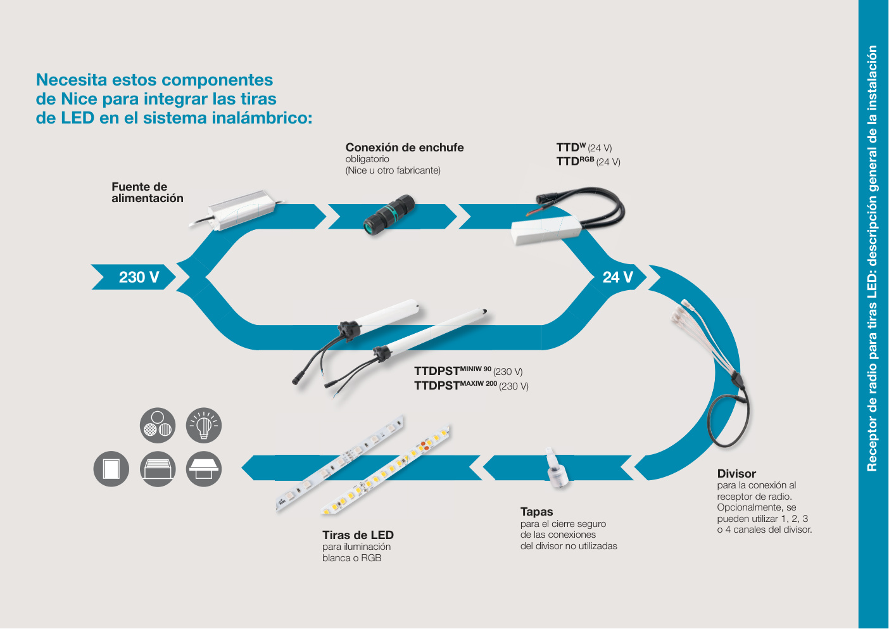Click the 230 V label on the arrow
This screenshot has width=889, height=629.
[x=139, y=277]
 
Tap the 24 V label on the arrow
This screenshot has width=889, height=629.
[x=617, y=277]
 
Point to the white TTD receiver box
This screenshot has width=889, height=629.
[x=546, y=230]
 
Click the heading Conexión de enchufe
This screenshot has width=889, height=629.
[x=405, y=148]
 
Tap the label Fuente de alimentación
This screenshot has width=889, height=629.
[x=148, y=192]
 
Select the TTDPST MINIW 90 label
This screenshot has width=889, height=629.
[x=469, y=371]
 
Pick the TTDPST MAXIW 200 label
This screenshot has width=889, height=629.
[x=471, y=385]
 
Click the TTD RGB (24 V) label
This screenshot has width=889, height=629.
[x=588, y=162]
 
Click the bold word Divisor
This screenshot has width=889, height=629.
[x=736, y=473]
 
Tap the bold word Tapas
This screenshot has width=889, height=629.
[x=536, y=511]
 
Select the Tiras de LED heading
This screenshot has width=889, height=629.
[x=358, y=535]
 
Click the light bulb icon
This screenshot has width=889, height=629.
[x=204, y=425]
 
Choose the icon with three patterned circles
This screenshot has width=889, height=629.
[x=158, y=425]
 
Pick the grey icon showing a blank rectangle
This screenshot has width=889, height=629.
[x=111, y=469]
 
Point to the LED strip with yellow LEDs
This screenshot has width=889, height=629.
[x=385, y=470]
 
